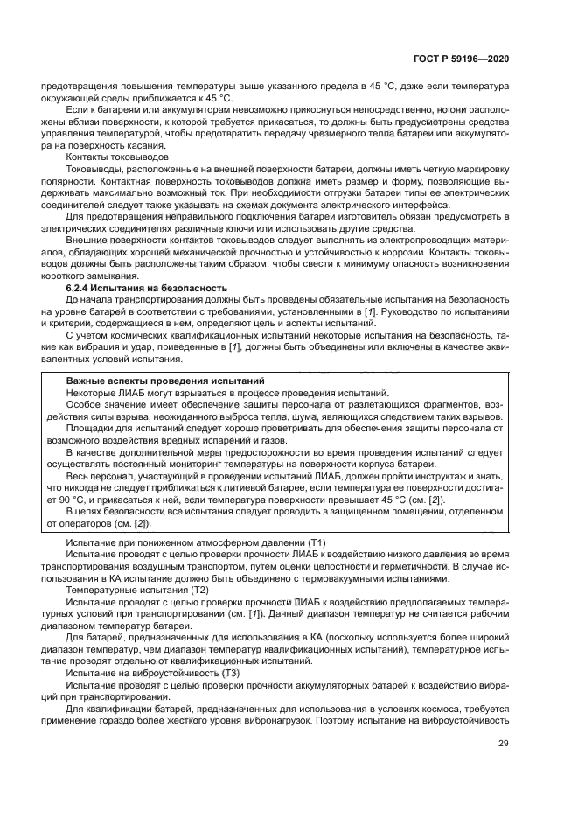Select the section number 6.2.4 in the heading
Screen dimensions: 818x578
(x=80, y=288)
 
